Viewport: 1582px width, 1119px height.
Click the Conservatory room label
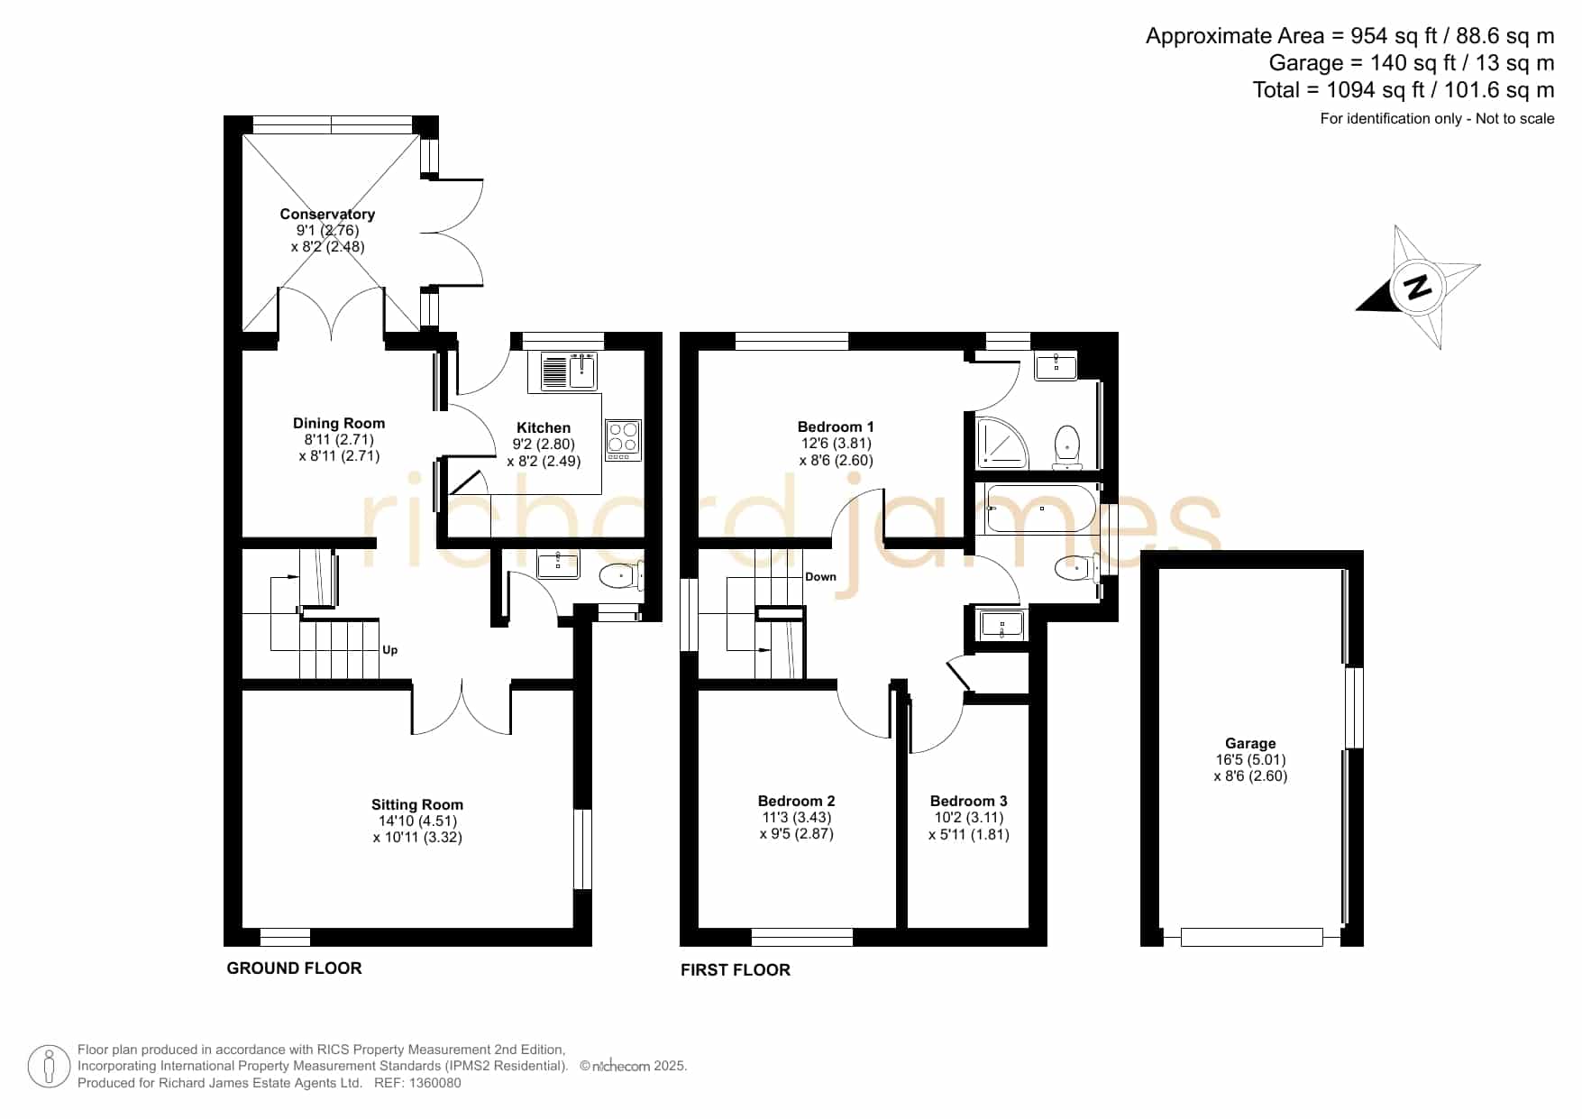point(327,214)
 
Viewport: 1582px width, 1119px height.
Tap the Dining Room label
point(339,423)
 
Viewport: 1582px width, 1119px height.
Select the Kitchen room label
point(544,427)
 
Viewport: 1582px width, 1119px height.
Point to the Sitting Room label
point(417,804)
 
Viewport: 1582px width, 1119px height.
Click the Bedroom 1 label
point(836,427)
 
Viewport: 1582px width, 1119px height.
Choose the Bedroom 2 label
point(797,801)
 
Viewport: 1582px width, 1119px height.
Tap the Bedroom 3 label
point(969,801)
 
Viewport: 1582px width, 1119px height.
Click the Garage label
point(1250,743)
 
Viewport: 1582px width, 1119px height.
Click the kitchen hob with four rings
point(623,440)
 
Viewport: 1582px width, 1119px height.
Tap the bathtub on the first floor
point(1041,509)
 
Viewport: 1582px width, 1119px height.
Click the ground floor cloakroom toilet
point(621,574)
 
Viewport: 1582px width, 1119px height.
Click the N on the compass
point(1418,287)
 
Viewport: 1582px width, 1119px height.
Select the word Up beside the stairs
point(390,649)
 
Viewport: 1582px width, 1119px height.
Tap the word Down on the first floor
point(820,576)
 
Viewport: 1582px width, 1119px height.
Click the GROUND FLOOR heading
point(294,968)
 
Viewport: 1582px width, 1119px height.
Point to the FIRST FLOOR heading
point(736,969)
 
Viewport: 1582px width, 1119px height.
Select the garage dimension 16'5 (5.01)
point(1250,759)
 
